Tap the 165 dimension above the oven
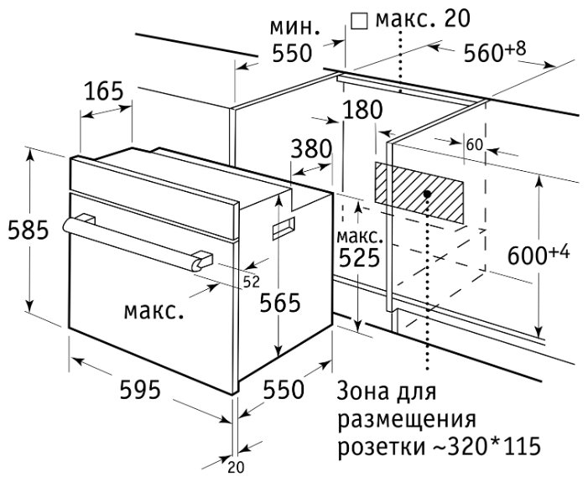coord(105,91)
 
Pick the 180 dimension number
coord(362,110)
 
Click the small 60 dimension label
coord(474,144)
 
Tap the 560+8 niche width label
coord(495,52)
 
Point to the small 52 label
coord(252,280)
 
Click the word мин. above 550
coord(294,26)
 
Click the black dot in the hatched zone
coord(428,194)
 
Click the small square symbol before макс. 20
coord(359,19)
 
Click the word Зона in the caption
coord(361,391)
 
